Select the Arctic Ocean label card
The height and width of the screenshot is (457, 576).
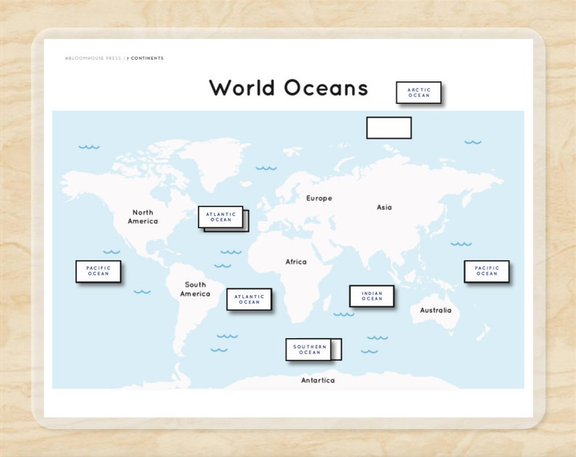(x=419, y=92)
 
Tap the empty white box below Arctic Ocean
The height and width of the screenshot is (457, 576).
(x=389, y=128)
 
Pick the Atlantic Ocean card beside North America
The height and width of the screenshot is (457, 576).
(x=221, y=217)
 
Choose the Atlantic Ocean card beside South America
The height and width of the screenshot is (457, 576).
(x=249, y=299)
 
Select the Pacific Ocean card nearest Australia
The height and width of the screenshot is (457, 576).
(x=487, y=271)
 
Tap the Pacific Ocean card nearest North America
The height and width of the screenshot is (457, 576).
(x=98, y=271)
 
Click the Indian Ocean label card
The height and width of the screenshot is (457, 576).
(x=371, y=296)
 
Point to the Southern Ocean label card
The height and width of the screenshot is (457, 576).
(x=309, y=350)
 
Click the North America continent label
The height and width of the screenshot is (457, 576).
(x=142, y=217)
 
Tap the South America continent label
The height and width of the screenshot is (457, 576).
(x=195, y=289)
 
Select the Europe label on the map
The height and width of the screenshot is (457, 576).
(x=318, y=198)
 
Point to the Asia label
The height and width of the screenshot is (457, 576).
(x=384, y=207)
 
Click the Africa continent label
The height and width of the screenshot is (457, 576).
(x=296, y=262)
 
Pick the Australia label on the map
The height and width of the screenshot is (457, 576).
(x=435, y=310)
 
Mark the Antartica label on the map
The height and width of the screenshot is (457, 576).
(x=318, y=380)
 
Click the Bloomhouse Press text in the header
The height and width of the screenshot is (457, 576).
(x=94, y=58)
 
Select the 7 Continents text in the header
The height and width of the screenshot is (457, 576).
(x=145, y=58)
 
